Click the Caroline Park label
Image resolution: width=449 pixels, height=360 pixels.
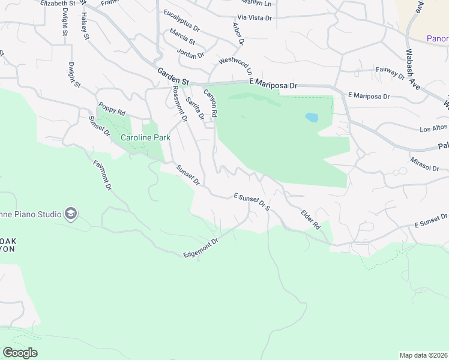point(146,137)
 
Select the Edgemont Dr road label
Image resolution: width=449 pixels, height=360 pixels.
point(200,248)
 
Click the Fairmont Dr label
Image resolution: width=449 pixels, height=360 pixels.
point(103,175)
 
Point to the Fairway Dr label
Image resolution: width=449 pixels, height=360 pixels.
point(390,73)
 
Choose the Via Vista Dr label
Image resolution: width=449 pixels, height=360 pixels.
point(255,17)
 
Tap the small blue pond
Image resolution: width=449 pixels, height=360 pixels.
point(311,118)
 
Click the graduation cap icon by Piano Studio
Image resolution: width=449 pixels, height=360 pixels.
point(71,214)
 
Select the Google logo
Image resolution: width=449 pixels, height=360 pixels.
point(20,353)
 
